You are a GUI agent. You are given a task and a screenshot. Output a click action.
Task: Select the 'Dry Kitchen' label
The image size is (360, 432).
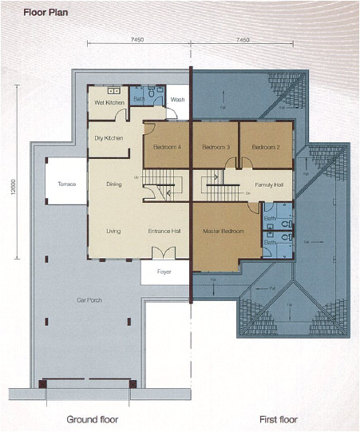pyautogui.click(x=108, y=138)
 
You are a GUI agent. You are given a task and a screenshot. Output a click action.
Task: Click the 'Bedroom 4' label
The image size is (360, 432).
pyautogui.click(x=167, y=148)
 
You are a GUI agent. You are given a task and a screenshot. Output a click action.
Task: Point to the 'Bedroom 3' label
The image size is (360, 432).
pyautogui.click(x=216, y=148)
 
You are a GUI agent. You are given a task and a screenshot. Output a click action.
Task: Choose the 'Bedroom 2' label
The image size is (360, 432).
pyautogui.click(x=265, y=148)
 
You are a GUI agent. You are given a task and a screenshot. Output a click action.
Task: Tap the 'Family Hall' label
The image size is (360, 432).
pyautogui.click(x=269, y=184)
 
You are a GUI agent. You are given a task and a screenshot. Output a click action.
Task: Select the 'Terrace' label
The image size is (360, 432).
pyautogui.click(x=66, y=184)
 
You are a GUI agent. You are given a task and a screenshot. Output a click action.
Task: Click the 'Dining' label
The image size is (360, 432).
pyautogui.click(x=113, y=184)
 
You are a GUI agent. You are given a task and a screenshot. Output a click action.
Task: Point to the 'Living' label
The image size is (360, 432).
pyautogui.click(x=113, y=232)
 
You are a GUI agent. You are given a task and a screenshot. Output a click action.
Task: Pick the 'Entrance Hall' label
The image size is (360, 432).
pyautogui.click(x=165, y=232)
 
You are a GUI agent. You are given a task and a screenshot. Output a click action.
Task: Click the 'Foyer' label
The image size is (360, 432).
pyautogui.click(x=164, y=271)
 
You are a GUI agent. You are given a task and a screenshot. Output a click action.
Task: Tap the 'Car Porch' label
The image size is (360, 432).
pyautogui.click(x=89, y=300)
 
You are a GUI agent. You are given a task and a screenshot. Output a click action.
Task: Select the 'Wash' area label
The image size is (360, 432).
pyautogui.click(x=177, y=99)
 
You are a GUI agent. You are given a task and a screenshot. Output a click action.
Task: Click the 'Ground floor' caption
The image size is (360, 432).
pyautogui.click(x=93, y=419)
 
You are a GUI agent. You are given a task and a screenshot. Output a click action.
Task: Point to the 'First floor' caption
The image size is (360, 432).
pyautogui.click(x=279, y=419)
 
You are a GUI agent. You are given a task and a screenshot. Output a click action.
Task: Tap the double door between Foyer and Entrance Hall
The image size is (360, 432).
pyautogui.click(x=164, y=253)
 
